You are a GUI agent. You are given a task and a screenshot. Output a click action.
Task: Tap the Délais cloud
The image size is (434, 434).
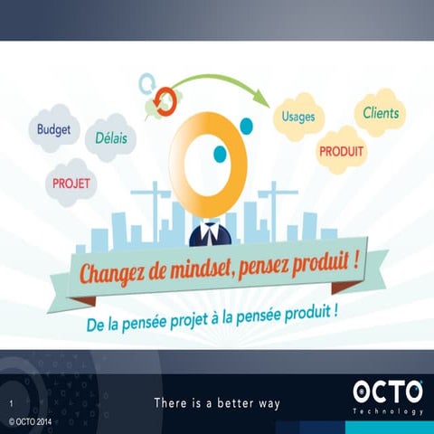[110, 139]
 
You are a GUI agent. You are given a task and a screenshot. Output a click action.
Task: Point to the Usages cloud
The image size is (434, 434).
[298, 118]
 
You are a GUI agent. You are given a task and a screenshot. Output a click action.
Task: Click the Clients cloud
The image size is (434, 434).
[381, 113]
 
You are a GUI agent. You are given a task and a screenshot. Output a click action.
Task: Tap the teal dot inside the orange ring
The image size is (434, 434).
[220, 155]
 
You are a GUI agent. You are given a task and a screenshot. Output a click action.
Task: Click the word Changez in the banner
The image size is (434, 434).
[115, 272]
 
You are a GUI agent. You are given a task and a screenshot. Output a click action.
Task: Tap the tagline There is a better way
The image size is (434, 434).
[217, 401]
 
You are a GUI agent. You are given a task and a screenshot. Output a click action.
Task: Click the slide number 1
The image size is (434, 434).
[11, 402]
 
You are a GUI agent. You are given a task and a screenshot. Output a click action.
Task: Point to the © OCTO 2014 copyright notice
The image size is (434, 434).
[31, 422]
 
